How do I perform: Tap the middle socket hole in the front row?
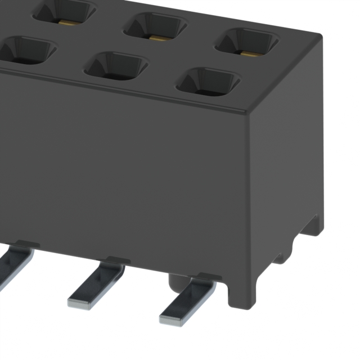(116, 66)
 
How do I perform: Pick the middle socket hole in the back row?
(155, 27)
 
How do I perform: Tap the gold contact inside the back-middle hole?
(158, 38)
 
